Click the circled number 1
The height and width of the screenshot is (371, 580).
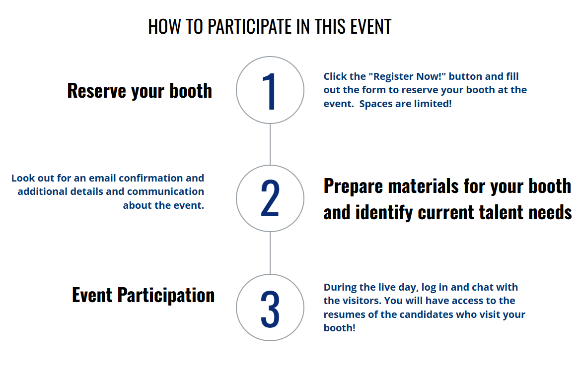pos(270,90)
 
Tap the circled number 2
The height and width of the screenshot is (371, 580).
pos(270,198)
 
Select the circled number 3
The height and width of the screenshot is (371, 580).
pos(270,308)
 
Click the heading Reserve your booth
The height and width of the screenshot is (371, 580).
pos(140,91)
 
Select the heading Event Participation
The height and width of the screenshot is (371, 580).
pos(143,295)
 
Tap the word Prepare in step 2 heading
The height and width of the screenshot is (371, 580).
pos(354,186)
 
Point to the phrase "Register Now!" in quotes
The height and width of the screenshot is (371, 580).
pos(407,76)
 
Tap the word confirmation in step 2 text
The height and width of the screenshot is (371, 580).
pos(151,178)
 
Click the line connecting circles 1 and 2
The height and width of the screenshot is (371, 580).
pos(270,144)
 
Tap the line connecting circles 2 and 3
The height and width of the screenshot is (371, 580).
pos(270,253)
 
